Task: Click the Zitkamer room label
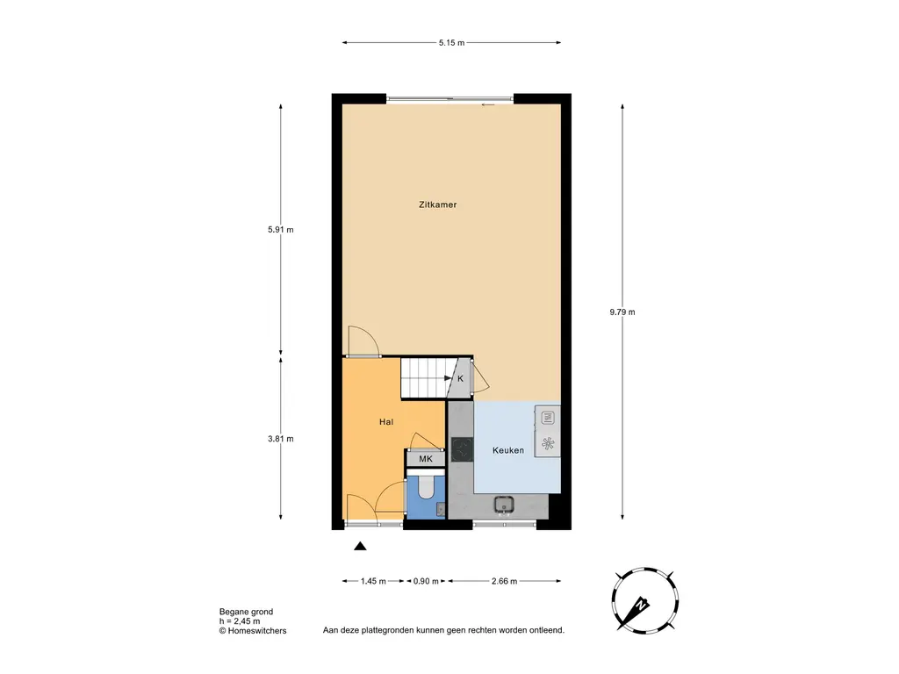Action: [x=437, y=204]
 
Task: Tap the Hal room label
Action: [x=386, y=422]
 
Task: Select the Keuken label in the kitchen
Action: [x=508, y=450]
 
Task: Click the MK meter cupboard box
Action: [x=426, y=458]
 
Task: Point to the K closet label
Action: [x=460, y=379]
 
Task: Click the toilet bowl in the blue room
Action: [x=426, y=486]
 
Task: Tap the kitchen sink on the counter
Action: [x=505, y=505]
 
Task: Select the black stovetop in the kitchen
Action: [x=462, y=449]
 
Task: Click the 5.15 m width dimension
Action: [x=452, y=42]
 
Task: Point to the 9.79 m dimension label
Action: [x=622, y=312]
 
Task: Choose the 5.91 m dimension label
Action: [x=280, y=230]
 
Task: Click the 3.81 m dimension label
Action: [x=280, y=439]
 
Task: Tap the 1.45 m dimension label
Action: [x=373, y=581]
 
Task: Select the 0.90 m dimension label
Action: [x=426, y=581]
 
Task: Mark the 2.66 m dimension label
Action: [x=505, y=581]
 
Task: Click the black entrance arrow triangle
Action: [x=360, y=546]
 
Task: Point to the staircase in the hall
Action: [x=424, y=377]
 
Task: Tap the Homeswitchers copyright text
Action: [x=253, y=630]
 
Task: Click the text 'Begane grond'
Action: [x=246, y=612]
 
